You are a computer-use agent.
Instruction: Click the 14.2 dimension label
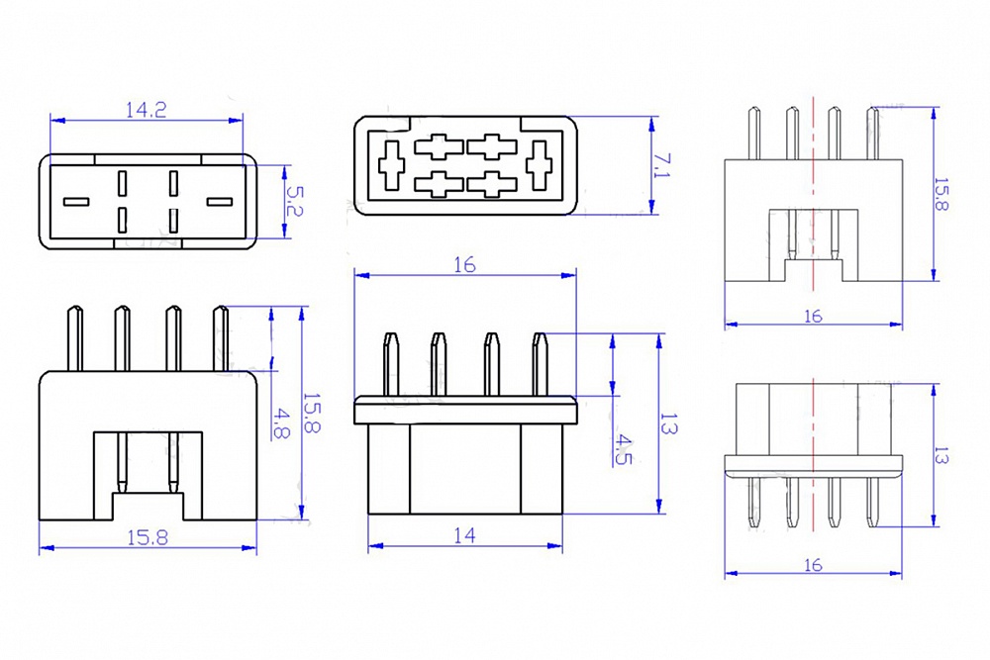pyautogui.click(x=146, y=110)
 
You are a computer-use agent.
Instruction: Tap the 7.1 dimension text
pyautogui.click(x=663, y=165)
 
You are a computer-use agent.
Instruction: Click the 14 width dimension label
pyautogui.click(x=464, y=535)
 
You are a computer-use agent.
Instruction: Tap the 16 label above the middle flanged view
pyautogui.click(x=464, y=264)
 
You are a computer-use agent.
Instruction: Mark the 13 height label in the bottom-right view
pyautogui.click(x=944, y=456)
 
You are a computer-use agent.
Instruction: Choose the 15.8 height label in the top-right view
pyautogui.click(x=944, y=194)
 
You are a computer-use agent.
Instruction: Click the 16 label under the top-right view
pyautogui.click(x=813, y=316)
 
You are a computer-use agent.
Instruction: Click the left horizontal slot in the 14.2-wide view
pyautogui.click(x=76, y=202)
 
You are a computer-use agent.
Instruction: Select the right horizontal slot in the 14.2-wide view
pyautogui.click(x=220, y=202)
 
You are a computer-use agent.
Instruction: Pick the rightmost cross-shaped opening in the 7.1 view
pyautogui.click(x=541, y=165)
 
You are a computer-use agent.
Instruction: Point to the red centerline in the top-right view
pyautogui.click(x=813, y=198)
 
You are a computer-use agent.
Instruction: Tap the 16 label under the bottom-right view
pyautogui.click(x=813, y=565)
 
